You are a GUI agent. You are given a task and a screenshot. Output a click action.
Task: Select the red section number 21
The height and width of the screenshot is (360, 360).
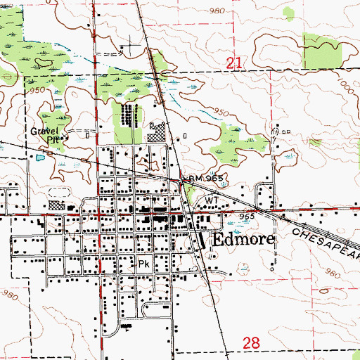[236, 64]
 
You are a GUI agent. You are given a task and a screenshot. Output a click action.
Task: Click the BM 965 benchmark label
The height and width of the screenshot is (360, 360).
[207, 179]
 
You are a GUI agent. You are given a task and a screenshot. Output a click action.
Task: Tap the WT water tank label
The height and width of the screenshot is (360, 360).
[211, 200]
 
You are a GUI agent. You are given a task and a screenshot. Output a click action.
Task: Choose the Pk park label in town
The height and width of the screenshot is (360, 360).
[143, 265]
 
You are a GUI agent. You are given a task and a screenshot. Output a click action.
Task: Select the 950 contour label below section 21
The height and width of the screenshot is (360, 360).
[221, 112]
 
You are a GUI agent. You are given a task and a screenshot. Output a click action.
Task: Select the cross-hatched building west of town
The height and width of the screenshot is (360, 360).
[56, 207]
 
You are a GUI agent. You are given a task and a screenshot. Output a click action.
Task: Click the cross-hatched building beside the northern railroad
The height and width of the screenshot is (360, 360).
[160, 130]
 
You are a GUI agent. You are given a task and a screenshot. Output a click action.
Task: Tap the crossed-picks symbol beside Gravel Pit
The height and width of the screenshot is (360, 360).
[62, 138]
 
